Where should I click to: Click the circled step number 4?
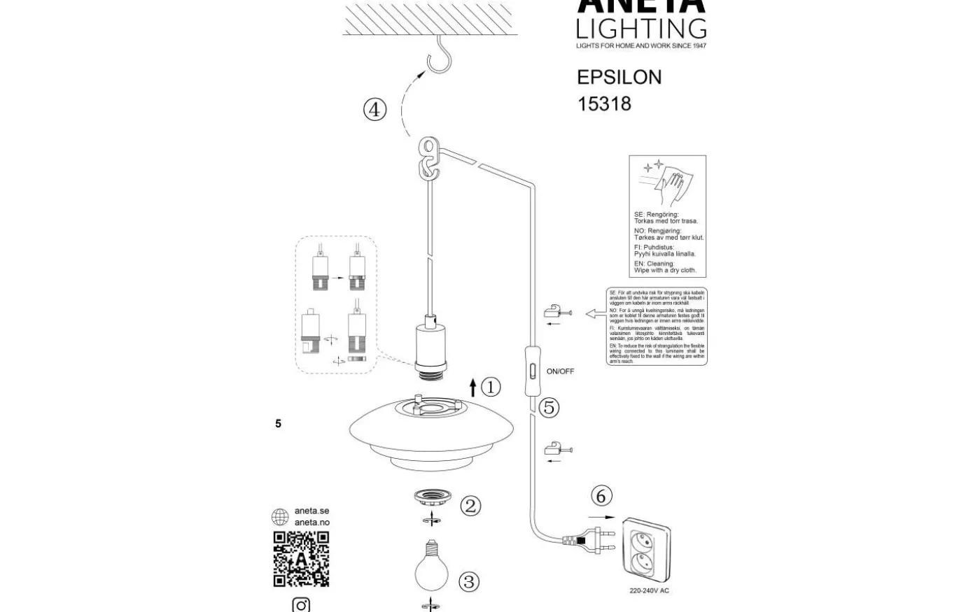[x=375, y=110]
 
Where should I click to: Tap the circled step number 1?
[x=491, y=387]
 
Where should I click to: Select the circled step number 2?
[x=470, y=506]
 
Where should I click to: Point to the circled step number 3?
[x=469, y=581]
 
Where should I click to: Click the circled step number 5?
[x=549, y=407]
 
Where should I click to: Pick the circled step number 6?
[x=601, y=496]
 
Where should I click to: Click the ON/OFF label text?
[x=560, y=371]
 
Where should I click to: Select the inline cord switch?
[x=531, y=370]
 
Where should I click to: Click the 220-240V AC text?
[x=649, y=591]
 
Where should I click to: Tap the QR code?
[x=301, y=559]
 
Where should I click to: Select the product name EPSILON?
[x=619, y=77]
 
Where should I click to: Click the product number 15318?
[x=604, y=104]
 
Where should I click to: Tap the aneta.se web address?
[x=311, y=511]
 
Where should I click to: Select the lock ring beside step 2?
[x=430, y=499]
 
